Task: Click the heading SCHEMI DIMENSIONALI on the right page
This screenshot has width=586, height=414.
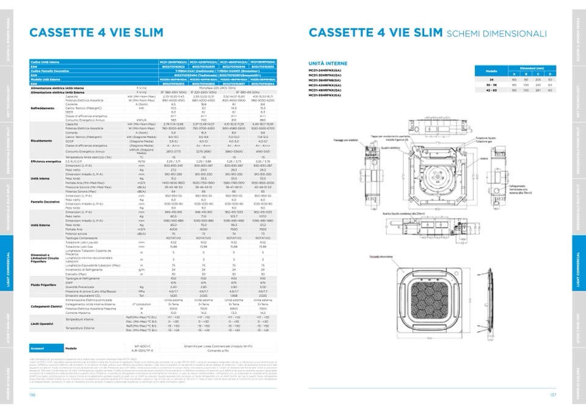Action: point(497,34)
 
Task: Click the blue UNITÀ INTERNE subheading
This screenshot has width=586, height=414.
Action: point(328,64)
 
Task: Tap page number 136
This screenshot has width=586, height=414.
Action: point(32,394)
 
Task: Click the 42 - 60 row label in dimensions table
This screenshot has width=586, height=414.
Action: point(491,90)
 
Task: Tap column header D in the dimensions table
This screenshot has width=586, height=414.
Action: point(550,74)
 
